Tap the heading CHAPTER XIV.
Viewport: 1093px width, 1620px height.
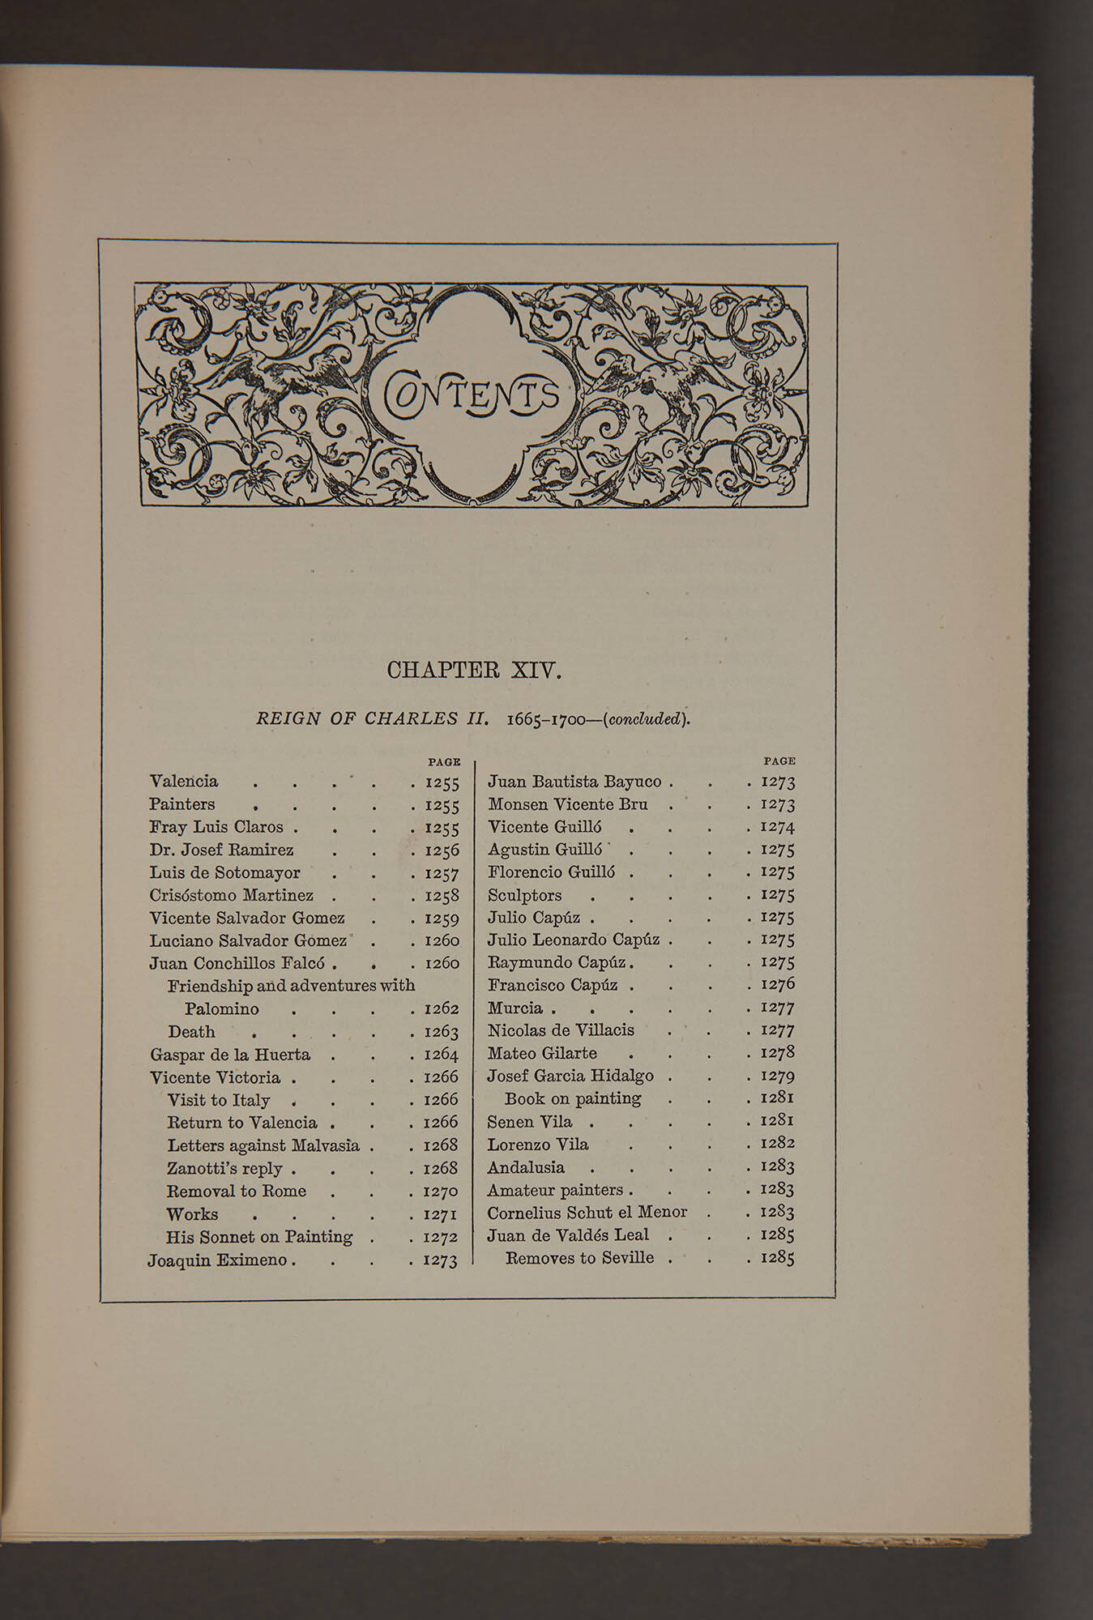(x=474, y=671)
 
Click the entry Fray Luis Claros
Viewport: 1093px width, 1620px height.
(x=216, y=828)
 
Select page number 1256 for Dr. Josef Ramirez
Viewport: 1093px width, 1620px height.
(x=442, y=850)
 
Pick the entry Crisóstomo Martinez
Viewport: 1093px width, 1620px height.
(x=231, y=896)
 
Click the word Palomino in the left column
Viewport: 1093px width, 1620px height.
(x=221, y=1009)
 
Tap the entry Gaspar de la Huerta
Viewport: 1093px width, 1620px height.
(x=230, y=1055)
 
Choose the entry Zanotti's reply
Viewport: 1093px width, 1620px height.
(x=224, y=1169)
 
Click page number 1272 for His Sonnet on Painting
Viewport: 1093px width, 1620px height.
(x=441, y=1238)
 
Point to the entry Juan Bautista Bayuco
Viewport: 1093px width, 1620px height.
(x=574, y=782)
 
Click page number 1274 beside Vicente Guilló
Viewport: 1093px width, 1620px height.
(x=777, y=828)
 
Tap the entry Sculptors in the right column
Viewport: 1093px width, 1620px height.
(x=524, y=896)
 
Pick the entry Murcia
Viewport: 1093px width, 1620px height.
(x=515, y=1008)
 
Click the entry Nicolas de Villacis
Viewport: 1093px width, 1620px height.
(x=561, y=1031)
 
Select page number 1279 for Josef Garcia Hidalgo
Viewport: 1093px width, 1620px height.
(x=777, y=1076)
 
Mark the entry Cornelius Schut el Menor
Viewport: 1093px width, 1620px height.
(x=587, y=1213)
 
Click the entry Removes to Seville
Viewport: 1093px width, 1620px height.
(x=579, y=1259)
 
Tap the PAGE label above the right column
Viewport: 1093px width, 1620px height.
(x=779, y=761)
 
